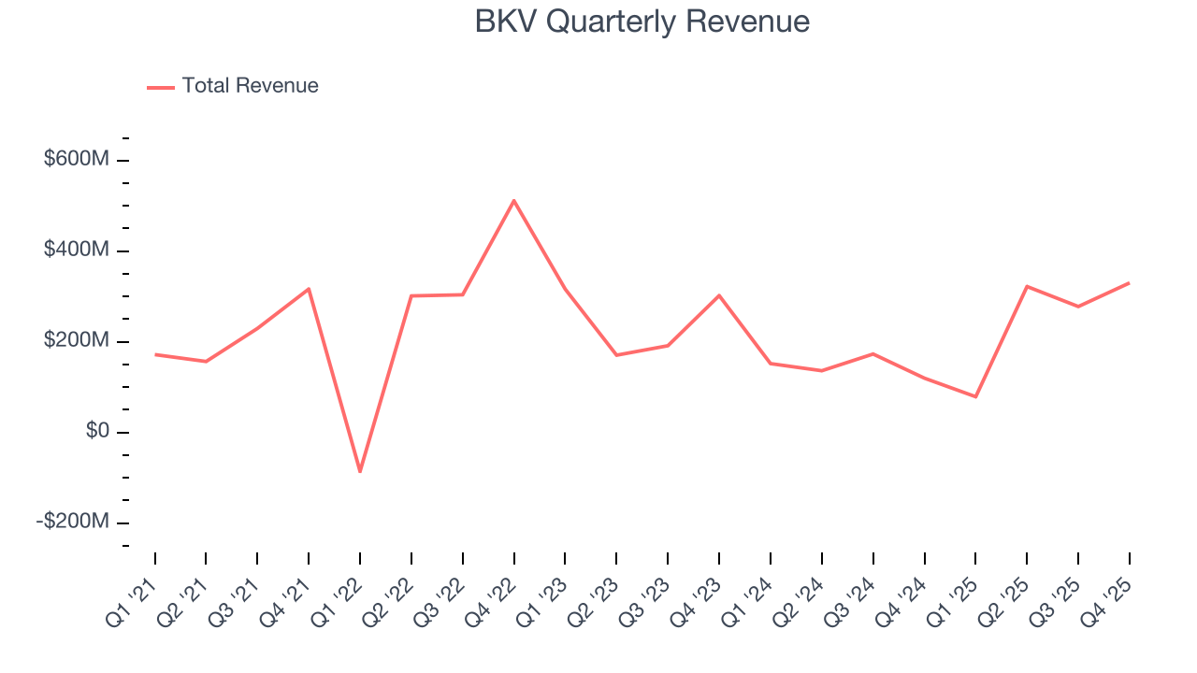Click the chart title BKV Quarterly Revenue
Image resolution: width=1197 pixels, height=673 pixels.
click(642, 21)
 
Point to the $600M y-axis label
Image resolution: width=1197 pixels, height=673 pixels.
click(77, 160)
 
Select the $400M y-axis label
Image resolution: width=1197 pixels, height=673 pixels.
click(77, 251)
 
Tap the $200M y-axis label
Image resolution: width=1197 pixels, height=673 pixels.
click(77, 341)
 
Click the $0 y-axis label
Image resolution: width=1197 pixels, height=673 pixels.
click(97, 432)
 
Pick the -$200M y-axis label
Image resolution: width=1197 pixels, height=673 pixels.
click(73, 522)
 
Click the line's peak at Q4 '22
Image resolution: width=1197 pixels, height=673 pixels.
click(514, 200)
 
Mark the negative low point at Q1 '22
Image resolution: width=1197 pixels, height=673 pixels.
click(360, 471)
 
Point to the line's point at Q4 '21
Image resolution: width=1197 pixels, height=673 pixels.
click(309, 289)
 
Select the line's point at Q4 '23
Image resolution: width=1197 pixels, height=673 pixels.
click(719, 295)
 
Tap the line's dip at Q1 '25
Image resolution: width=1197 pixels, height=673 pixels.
click(975, 396)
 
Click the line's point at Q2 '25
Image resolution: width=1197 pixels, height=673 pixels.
click(1027, 286)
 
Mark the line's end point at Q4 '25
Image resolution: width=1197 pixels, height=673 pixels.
click(1129, 282)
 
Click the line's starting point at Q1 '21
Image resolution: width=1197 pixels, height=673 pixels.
click(155, 354)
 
